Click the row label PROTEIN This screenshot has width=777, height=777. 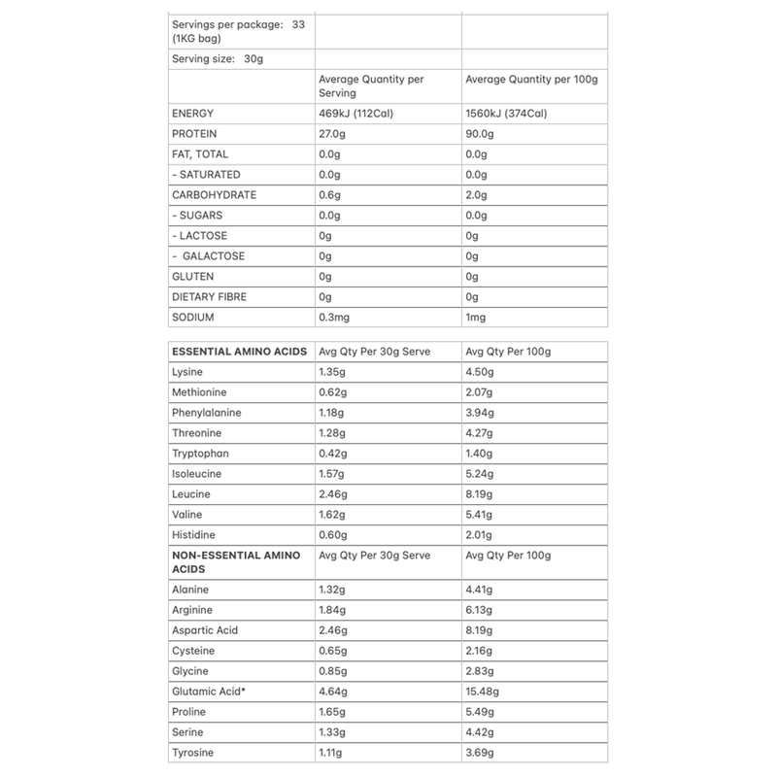coord(192,134)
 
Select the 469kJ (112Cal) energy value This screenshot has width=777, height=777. coord(362,114)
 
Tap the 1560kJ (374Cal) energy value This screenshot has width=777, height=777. coord(507,114)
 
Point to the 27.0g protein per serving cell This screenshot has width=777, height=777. coord(333,134)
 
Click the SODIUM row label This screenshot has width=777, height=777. coord(191,318)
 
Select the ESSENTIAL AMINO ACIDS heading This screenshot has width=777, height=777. coord(239,351)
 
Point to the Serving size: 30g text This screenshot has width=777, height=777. coord(217,59)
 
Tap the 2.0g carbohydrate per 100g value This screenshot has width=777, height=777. coord(476,195)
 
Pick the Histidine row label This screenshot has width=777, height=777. coord(192,535)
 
